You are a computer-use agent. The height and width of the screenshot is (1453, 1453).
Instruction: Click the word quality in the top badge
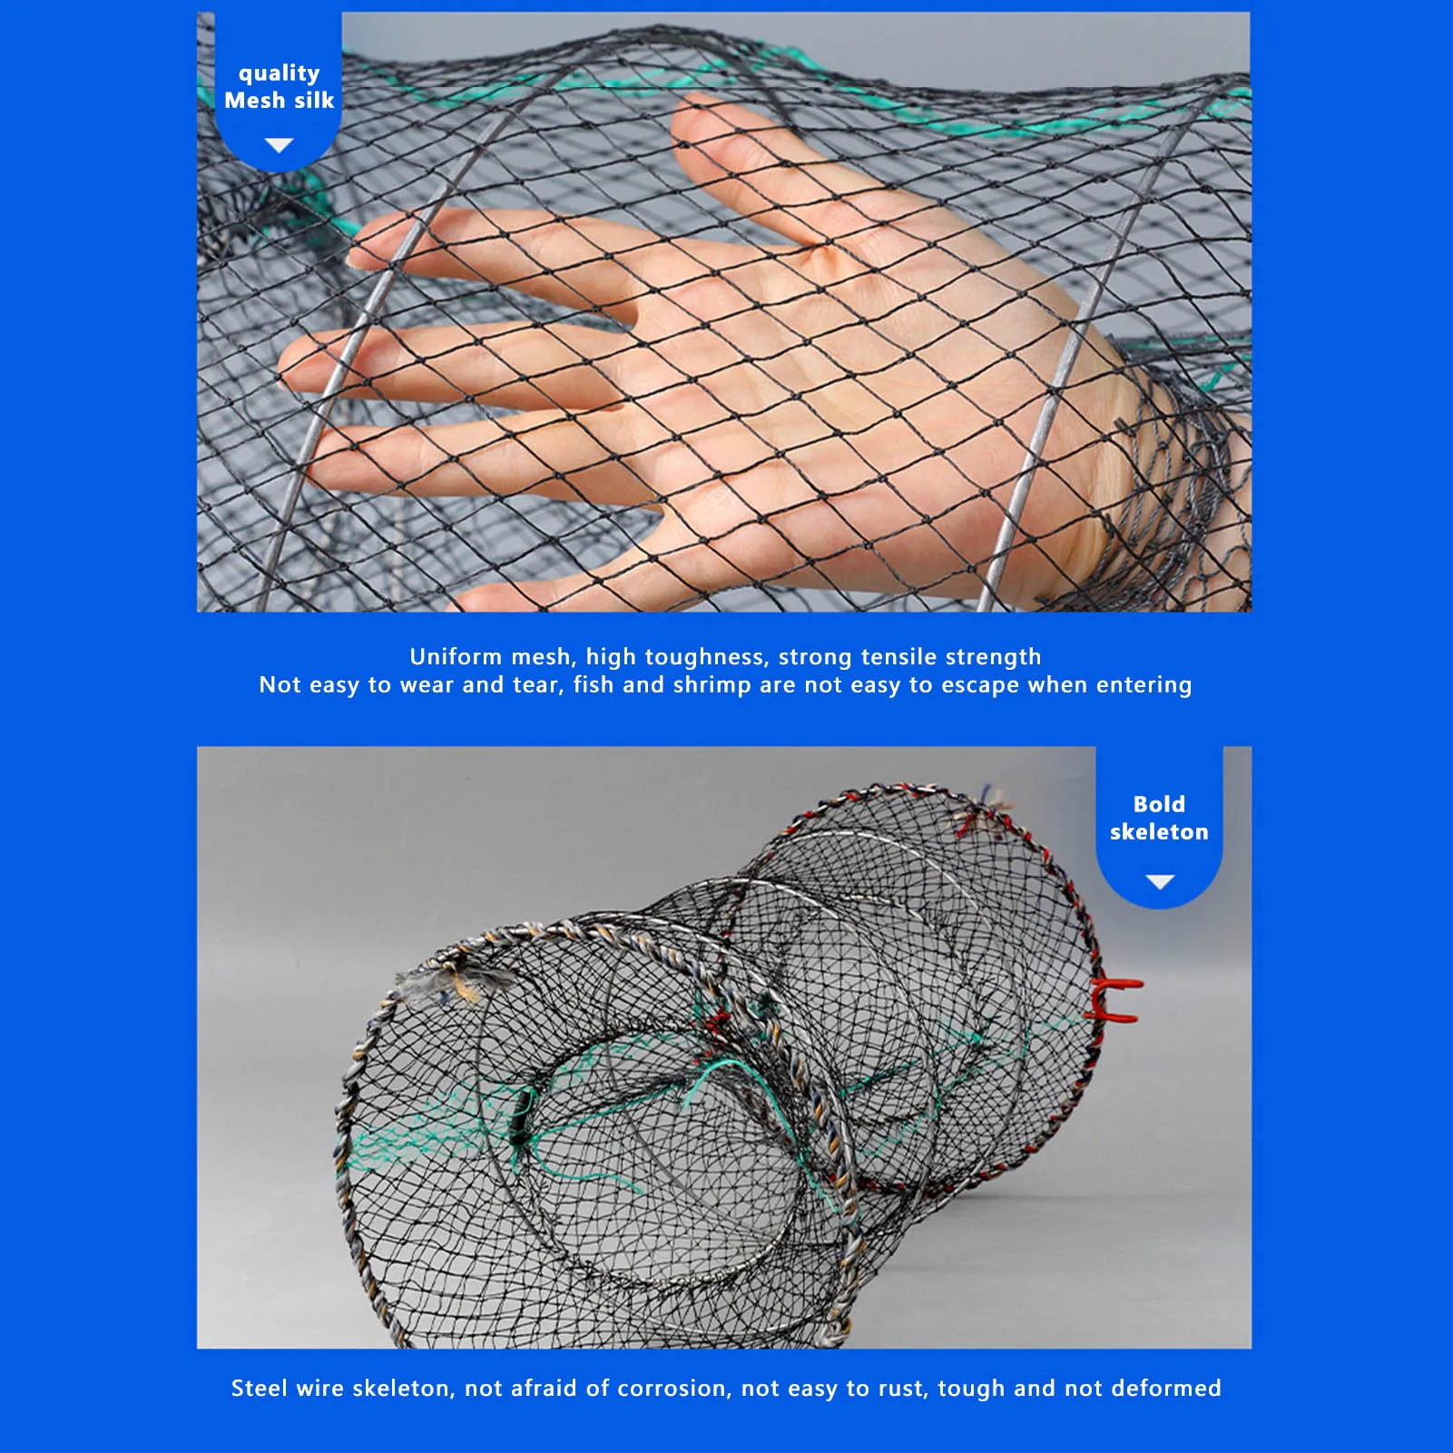[x=279, y=74]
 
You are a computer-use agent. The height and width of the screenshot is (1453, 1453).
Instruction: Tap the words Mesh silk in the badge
[x=279, y=100]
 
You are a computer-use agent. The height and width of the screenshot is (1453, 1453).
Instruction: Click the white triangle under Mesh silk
[x=279, y=145]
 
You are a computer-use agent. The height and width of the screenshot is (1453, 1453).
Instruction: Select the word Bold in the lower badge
[x=1159, y=804]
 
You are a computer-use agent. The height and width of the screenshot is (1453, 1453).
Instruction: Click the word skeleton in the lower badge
[x=1159, y=831]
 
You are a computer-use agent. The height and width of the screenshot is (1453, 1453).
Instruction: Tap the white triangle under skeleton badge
[x=1160, y=881]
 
